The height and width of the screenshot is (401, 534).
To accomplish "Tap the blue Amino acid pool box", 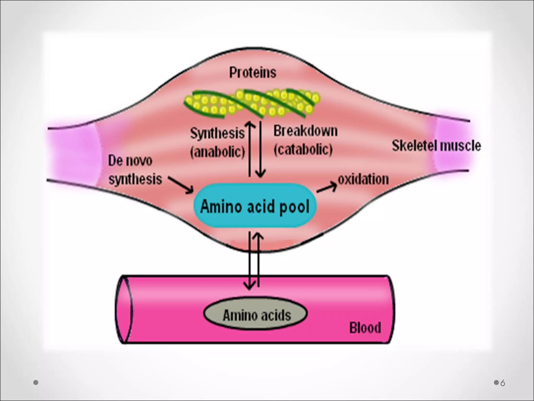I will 254,206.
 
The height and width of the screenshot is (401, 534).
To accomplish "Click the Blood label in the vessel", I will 365,328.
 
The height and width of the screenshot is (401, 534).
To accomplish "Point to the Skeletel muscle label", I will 436,146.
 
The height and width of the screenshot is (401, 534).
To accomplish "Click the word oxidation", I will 363,179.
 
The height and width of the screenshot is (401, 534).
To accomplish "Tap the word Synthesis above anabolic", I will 217,133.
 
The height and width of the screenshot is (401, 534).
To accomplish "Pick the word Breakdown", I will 305,131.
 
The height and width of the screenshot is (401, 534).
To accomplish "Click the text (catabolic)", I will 303,150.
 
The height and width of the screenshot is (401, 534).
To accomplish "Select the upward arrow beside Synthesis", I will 250,149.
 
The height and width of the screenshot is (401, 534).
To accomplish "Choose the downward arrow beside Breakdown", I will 260,149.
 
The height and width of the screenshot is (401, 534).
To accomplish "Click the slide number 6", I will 502,383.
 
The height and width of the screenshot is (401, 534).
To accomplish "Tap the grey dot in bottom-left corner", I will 36,382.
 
